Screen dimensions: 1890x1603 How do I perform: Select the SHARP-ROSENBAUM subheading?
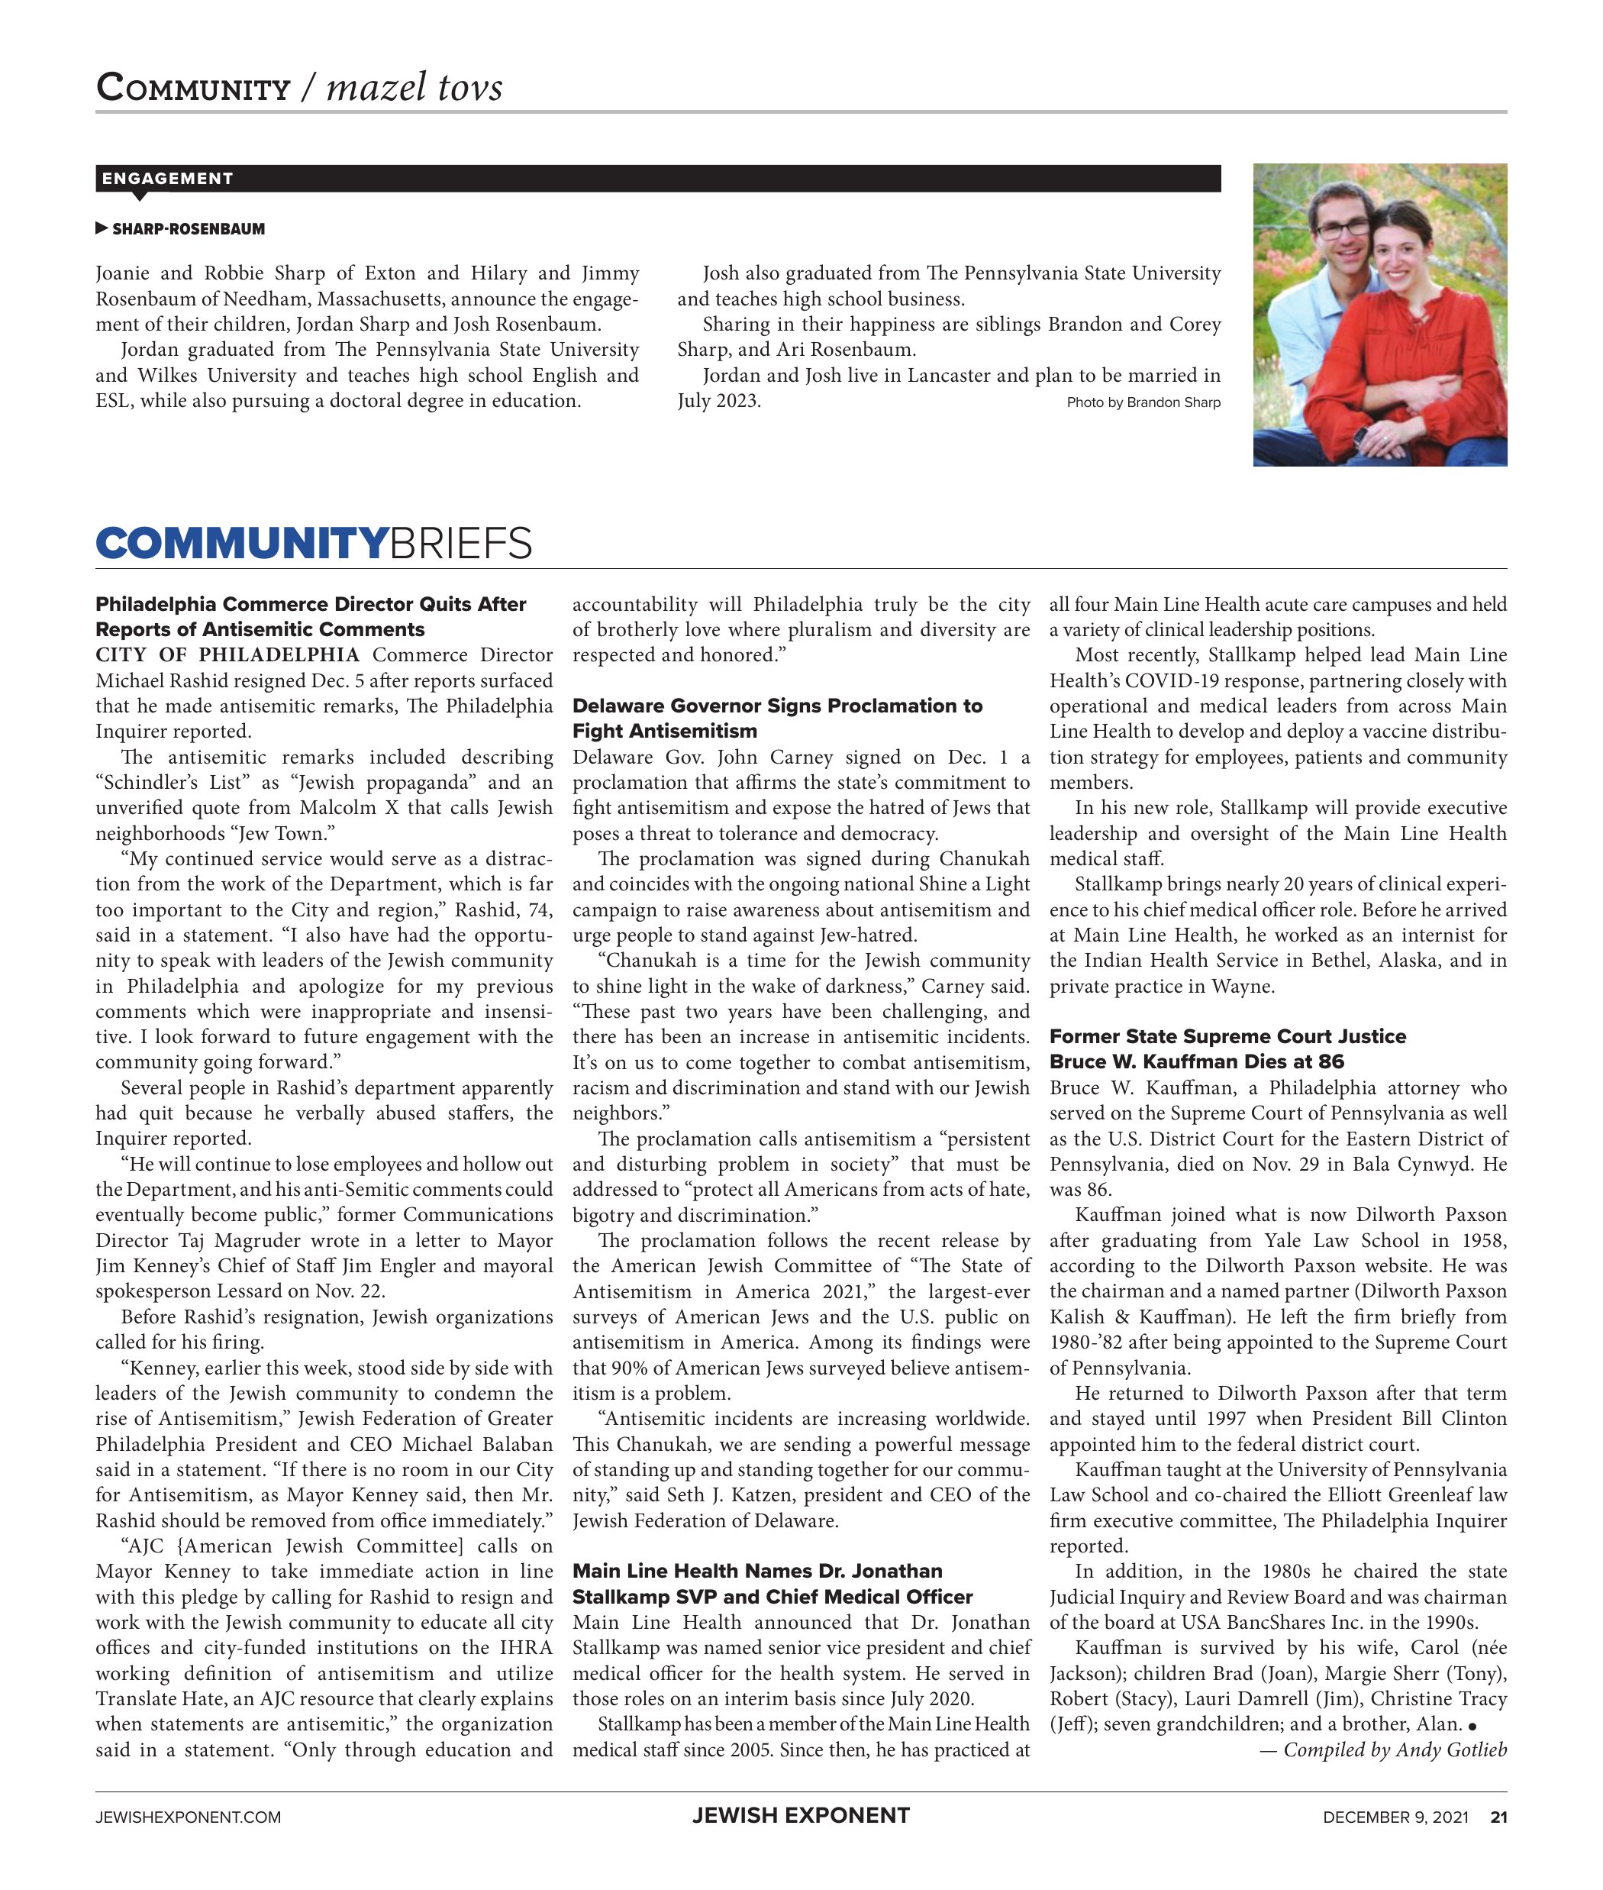tap(188, 229)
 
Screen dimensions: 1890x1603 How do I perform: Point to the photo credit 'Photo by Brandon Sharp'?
tap(1143, 402)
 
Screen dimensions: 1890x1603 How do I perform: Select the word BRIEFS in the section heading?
tap(461, 544)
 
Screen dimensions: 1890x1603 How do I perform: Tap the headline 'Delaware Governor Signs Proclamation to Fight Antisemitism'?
tap(777, 718)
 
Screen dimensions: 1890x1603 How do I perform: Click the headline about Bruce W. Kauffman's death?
tap(1227, 1049)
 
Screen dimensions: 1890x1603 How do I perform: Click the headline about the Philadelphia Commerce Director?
tap(311, 616)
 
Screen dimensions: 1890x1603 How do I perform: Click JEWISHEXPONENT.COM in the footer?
tap(188, 1817)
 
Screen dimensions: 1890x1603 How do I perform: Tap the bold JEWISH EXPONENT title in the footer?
tap(801, 1815)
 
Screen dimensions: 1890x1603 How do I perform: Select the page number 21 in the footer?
tap(1498, 1817)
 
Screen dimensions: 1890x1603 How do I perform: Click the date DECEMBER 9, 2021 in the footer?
tap(1395, 1817)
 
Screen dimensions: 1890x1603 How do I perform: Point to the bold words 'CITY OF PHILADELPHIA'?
tap(227, 655)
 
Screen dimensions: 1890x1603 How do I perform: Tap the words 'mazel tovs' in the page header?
tap(414, 88)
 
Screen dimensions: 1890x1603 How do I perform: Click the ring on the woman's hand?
tap(1384, 440)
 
